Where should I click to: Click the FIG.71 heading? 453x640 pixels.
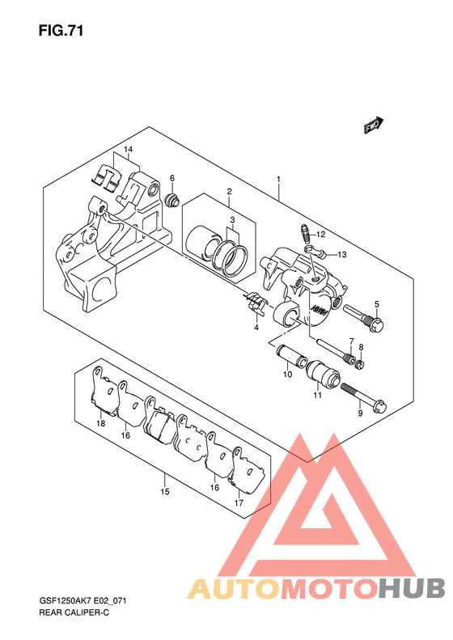coord(61,31)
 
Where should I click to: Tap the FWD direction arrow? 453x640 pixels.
coord(374,125)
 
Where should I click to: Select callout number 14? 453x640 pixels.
coord(128,150)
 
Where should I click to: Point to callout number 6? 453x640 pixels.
coord(172,178)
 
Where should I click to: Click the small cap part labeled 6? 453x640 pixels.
coord(171,200)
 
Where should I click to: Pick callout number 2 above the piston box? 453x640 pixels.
coord(230,191)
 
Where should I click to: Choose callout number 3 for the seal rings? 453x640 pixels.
coord(232,220)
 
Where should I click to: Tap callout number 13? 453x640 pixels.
coord(342,255)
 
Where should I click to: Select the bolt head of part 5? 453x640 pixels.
coord(377,325)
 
